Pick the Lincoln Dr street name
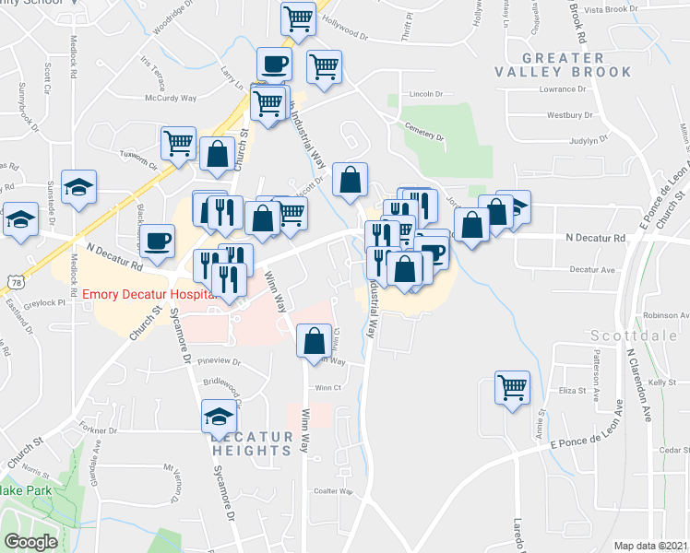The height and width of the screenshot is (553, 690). click(426, 94)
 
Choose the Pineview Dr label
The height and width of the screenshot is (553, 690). click(219, 362)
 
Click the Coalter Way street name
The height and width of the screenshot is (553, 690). click(333, 491)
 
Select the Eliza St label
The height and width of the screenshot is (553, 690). click(572, 391)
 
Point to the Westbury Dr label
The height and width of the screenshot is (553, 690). click(569, 115)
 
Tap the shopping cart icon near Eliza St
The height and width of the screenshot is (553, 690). click(512, 386)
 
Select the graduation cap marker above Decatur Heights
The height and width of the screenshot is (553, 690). click(220, 416)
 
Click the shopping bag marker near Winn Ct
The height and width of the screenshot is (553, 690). click(314, 340)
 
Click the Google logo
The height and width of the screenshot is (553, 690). click(30, 542)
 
